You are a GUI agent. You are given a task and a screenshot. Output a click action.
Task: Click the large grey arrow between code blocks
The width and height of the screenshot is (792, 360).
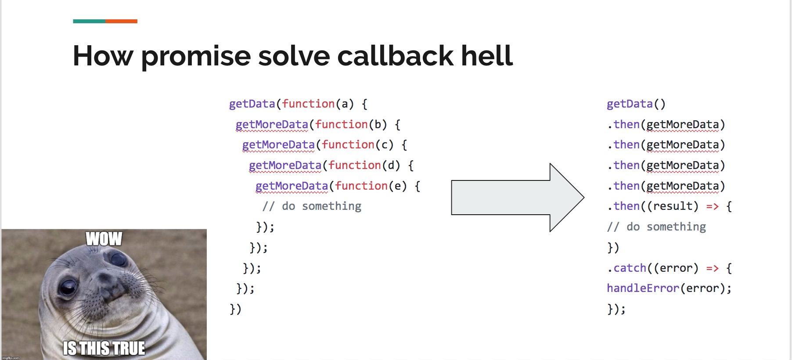coord(518,198)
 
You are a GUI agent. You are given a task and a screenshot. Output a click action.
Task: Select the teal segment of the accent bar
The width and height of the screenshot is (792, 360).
coord(89,21)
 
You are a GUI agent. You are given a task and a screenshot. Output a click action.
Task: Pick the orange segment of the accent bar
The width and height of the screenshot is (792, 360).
coord(121,21)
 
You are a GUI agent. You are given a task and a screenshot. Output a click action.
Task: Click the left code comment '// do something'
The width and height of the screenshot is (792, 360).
coord(312,206)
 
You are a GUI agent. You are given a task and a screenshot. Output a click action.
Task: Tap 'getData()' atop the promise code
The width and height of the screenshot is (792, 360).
coord(636,104)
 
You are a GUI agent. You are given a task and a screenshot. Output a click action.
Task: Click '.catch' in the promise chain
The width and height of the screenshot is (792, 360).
coord(627,268)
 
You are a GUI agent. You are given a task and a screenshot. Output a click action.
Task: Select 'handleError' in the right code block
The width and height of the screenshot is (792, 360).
coord(643,288)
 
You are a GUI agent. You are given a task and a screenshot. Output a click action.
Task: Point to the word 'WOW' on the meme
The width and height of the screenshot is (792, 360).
coord(104,239)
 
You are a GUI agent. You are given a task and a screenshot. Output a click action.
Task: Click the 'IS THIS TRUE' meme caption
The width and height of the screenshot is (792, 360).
coord(104,348)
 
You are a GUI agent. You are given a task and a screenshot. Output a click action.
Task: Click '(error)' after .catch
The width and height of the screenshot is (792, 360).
coord(676,268)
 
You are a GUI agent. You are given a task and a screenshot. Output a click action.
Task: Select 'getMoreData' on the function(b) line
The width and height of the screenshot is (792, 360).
coord(272,125)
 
